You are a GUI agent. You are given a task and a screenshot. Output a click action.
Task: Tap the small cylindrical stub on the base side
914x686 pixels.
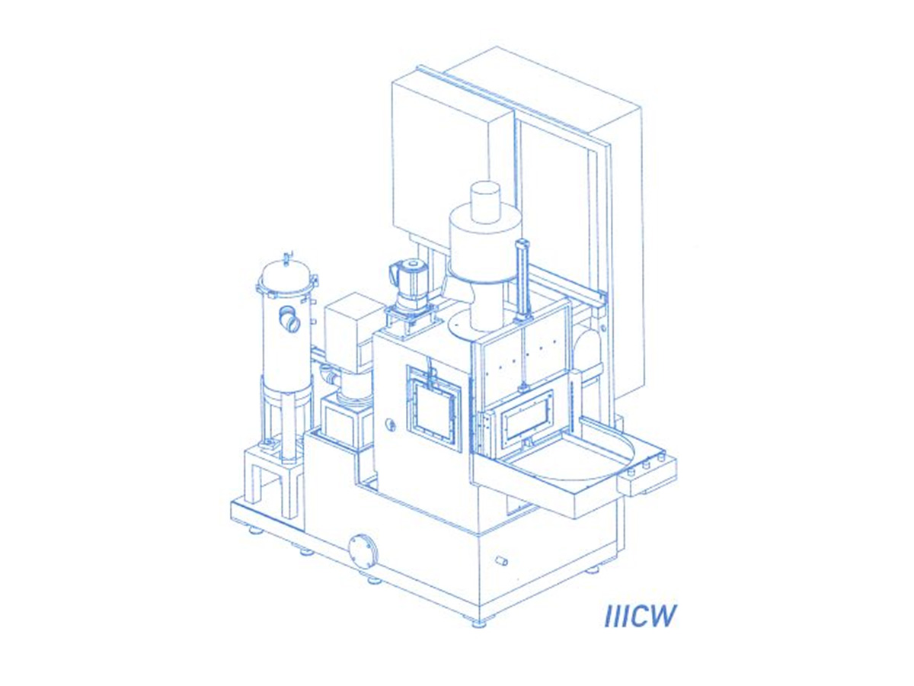tap(501, 561)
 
